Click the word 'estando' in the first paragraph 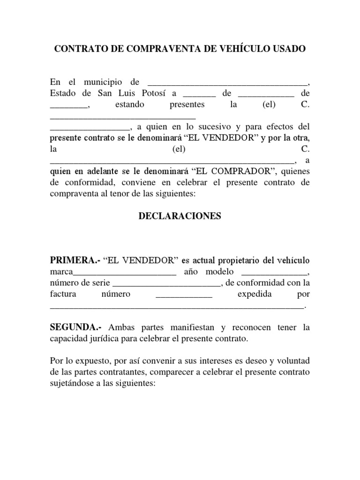(129, 105)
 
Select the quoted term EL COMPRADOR (228, 172)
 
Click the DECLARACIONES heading (180, 217)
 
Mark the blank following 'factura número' (184, 295)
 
